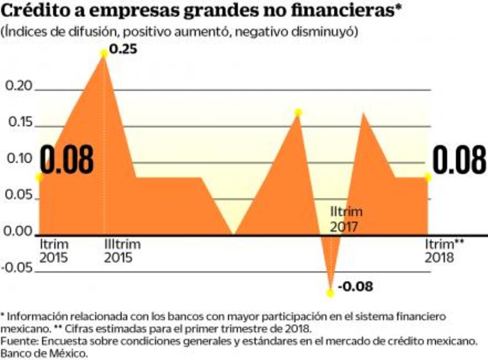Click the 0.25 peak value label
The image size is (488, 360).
(x=122, y=49)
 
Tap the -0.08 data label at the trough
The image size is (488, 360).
(x=355, y=286)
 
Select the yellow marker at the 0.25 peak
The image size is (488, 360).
(x=104, y=53)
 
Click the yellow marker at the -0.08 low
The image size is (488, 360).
(x=330, y=293)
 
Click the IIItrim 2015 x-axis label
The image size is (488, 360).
(x=122, y=251)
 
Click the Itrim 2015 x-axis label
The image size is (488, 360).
(x=55, y=251)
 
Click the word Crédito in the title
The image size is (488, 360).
(x=37, y=11)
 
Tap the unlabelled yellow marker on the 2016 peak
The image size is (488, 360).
(x=298, y=112)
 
